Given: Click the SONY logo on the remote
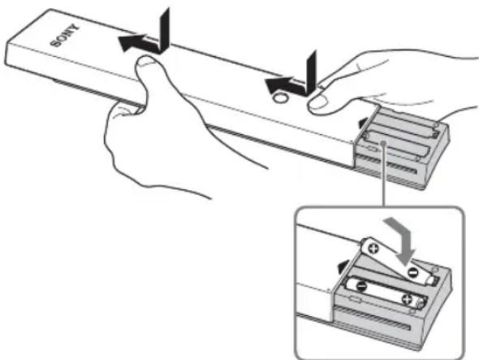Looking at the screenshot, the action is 65,36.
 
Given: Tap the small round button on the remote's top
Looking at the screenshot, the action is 280,98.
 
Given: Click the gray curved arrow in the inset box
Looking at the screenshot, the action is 401,240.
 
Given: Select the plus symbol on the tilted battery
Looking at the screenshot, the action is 373,247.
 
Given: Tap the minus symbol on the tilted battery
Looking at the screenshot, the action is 412,272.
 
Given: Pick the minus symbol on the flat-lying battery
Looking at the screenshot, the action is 362,286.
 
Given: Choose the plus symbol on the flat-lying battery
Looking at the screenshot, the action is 408,299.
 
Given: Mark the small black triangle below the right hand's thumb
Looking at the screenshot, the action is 363,123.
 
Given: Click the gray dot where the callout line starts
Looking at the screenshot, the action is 384,141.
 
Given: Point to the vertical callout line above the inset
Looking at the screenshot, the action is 384,174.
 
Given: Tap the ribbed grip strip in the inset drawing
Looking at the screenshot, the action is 373,319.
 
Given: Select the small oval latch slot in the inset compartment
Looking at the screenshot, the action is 355,299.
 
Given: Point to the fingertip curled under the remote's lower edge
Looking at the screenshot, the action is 123,109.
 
